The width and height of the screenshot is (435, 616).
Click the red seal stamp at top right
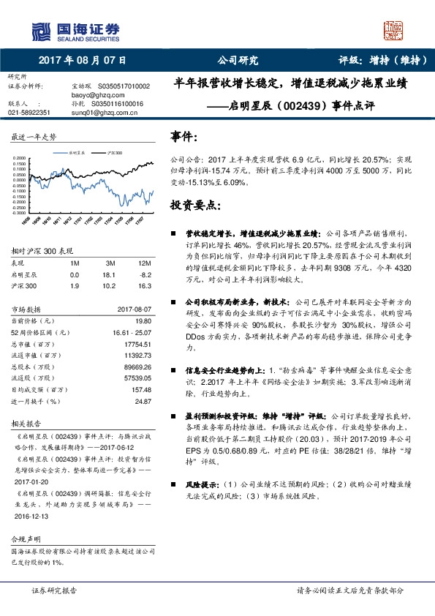[x=394, y=31]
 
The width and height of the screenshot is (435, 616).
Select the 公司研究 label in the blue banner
[x=238, y=61]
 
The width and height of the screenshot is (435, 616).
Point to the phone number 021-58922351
[x=29, y=113]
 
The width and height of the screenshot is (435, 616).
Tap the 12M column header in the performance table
[x=144, y=262]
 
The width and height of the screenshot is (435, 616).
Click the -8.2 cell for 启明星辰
[x=145, y=274]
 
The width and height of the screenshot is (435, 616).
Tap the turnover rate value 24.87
[x=143, y=401]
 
